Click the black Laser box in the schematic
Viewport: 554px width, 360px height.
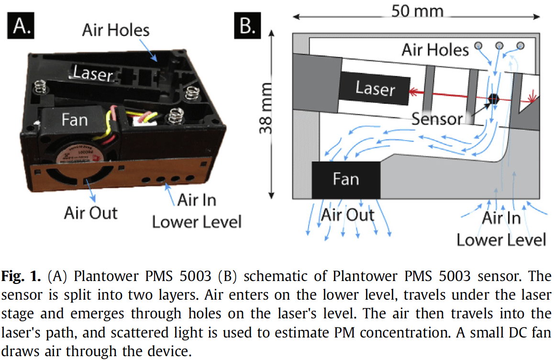click(375, 89)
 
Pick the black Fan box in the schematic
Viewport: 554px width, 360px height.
click(346, 180)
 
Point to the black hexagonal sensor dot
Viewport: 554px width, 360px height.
click(494, 98)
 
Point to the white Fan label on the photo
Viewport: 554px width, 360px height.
click(75, 119)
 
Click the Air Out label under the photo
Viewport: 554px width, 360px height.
click(90, 213)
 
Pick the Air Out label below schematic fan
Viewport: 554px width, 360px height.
click(347, 215)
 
